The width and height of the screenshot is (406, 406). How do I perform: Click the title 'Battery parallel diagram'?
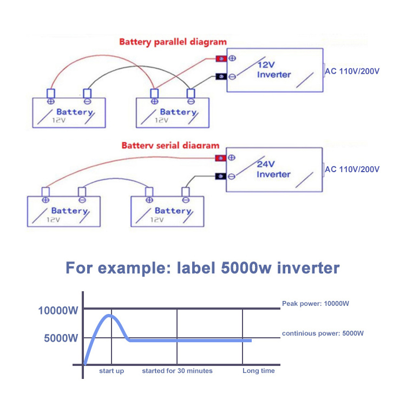173,42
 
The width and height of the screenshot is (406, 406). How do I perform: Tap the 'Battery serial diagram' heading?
171,146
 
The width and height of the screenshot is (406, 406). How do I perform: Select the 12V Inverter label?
274,69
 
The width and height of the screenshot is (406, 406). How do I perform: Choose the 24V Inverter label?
273,169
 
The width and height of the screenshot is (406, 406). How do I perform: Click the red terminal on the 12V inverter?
221,59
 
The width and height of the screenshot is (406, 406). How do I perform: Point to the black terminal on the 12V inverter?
221,76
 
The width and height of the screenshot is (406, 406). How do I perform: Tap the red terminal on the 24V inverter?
221,158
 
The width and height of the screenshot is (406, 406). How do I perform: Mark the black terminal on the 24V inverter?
221,176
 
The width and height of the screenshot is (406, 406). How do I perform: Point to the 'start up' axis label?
112,371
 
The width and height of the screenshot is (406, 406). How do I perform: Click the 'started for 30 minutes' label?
177,371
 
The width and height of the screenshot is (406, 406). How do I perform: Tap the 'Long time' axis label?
258,371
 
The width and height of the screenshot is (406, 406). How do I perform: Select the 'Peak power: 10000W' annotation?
316,304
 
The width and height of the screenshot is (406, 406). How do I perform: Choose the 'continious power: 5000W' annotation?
323,333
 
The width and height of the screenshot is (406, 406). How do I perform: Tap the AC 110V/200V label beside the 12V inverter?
352,70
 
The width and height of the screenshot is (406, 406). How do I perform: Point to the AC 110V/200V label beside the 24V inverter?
352,169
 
